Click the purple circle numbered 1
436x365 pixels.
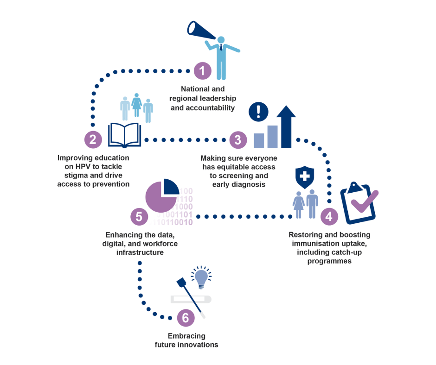click(x=202, y=71)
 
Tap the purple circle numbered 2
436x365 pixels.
click(x=93, y=139)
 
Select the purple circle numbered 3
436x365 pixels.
click(x=238, y=139)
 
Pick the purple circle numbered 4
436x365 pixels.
click(x=329, y=216)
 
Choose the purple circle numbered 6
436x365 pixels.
click(x=186, y=318)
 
